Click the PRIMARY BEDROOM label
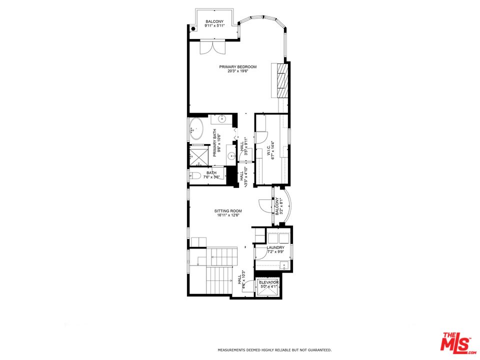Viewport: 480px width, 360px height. click(238, 66)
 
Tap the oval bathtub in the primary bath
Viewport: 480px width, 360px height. click(195, 129)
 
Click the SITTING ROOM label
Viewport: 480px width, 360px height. click(228, 211)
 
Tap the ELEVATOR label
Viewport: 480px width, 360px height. click(268, 282)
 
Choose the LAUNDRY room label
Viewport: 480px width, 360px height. click(275, 247)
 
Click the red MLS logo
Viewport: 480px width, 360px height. click(455, 343)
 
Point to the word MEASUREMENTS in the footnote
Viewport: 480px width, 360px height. click(231, 350)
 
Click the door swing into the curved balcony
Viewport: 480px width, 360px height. click(263, 205)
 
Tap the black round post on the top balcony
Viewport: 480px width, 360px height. click(193, 28)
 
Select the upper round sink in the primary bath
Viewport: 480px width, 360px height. click(221, 119)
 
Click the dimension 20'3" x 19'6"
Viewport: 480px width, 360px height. click(238, 71)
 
